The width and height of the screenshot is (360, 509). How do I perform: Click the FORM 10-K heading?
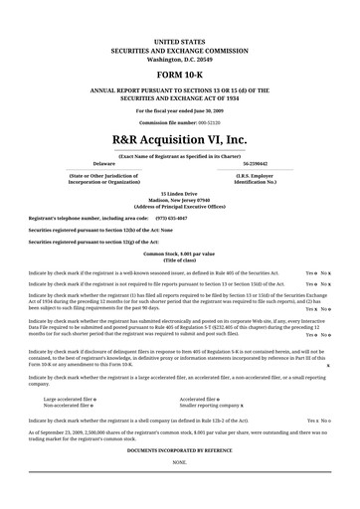(179, 76)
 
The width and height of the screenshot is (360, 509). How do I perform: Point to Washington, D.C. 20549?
(179, 59)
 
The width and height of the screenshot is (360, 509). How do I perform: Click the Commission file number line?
(179, 122)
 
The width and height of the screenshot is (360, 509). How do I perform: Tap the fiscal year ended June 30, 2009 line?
(179, 111)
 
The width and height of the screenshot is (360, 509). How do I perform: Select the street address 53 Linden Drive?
(179, 193)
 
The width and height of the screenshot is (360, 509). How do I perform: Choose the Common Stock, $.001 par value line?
(179, 254)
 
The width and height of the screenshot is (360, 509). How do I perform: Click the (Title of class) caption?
(179, 259)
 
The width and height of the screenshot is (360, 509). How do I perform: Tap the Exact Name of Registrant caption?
(179, 155)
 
